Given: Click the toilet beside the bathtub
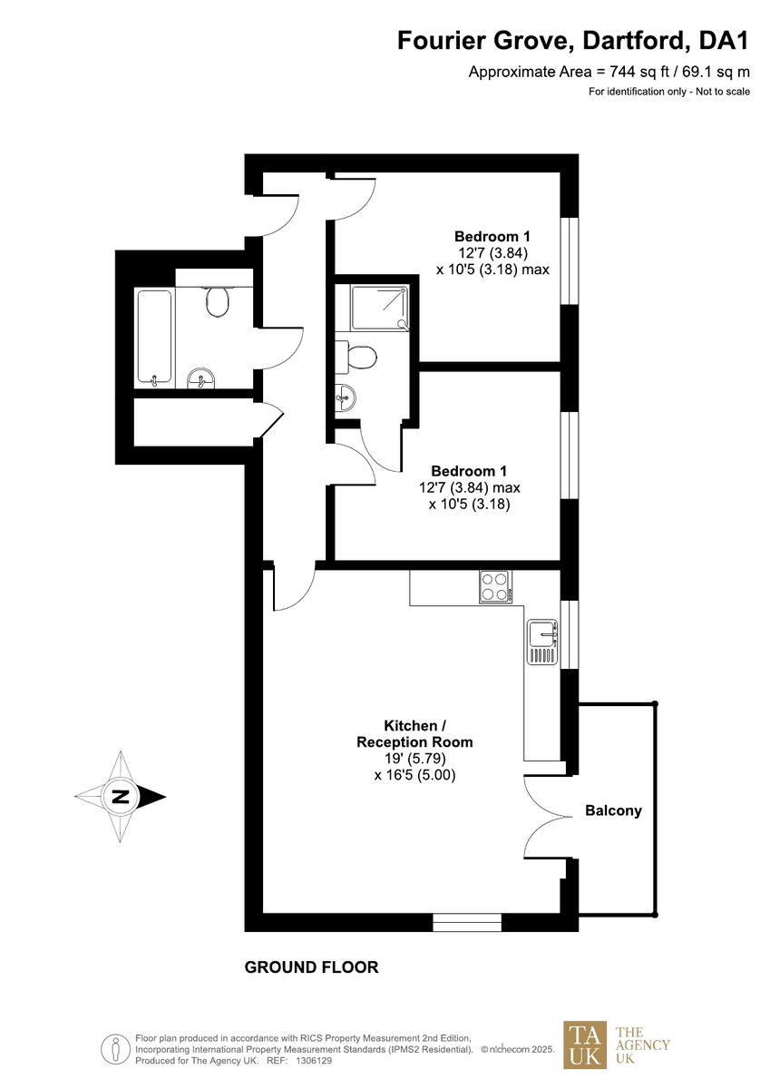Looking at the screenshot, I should coord(218,301).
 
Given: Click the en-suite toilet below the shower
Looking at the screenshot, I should coord(361,356).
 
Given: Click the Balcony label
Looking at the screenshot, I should coord(613,810).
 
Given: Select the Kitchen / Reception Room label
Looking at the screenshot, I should coord(414,733).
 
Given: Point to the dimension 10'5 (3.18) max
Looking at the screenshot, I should coord(492,270).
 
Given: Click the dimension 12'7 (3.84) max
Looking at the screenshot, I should coord(469,487).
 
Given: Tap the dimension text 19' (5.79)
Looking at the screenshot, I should coord(414,759).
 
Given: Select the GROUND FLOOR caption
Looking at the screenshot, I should coord(311,967).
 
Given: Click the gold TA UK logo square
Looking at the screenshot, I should coord(585,1045).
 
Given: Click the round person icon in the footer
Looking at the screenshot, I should coord(116,1049).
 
